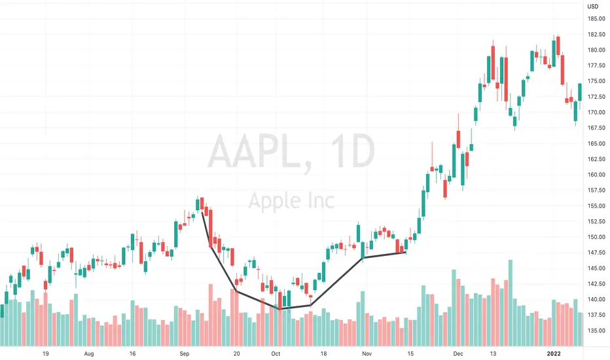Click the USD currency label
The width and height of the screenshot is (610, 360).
pyautogui.click(x=593, y=7)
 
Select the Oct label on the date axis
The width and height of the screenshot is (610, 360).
pyautogui.click(x=276, y=353)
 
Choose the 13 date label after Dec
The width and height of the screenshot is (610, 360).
pyautogui.click(x=490, y=353)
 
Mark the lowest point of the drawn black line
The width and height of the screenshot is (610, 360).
pyautogui.click(x=279, y=308)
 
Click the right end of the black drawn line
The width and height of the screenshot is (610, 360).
pyautogui.click(x=406, y=253)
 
